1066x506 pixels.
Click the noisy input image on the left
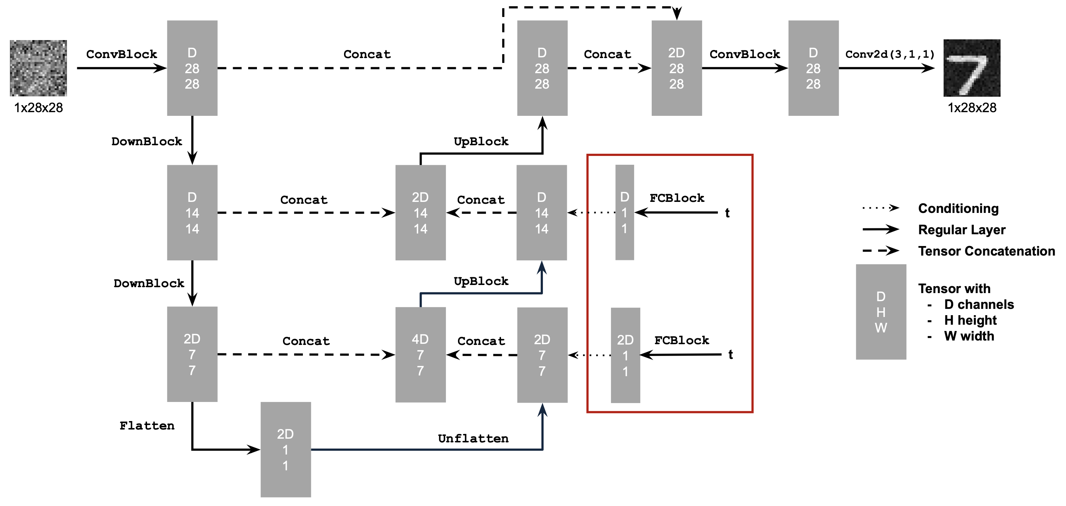click(38, 68)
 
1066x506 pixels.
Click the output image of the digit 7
click(972, 68)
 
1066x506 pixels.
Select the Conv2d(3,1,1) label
click(890, 54)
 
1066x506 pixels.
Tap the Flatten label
click(147, 426)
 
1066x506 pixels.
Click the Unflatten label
click(473, 438)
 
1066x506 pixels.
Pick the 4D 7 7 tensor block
click(421, 354)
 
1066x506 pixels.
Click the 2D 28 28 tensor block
click(677, 68)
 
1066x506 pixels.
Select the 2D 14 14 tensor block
click(421, 213)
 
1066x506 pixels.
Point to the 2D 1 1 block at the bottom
click(286, 449)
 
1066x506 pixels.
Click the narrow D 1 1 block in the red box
click(625, 213)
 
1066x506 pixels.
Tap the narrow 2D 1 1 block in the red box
click(625, 355)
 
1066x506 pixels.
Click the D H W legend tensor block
click(881, 312)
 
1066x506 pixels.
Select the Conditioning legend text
click(958, 208)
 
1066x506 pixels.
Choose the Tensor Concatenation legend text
click(986, 251)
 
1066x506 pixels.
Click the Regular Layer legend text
click(961, 230)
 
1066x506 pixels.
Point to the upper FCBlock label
click(677, 198)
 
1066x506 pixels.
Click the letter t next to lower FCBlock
click(730, 354)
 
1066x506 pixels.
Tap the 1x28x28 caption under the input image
click(39, 108)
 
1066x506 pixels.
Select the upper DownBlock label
click(147, 142)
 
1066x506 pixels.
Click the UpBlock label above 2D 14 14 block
click(481, 142)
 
